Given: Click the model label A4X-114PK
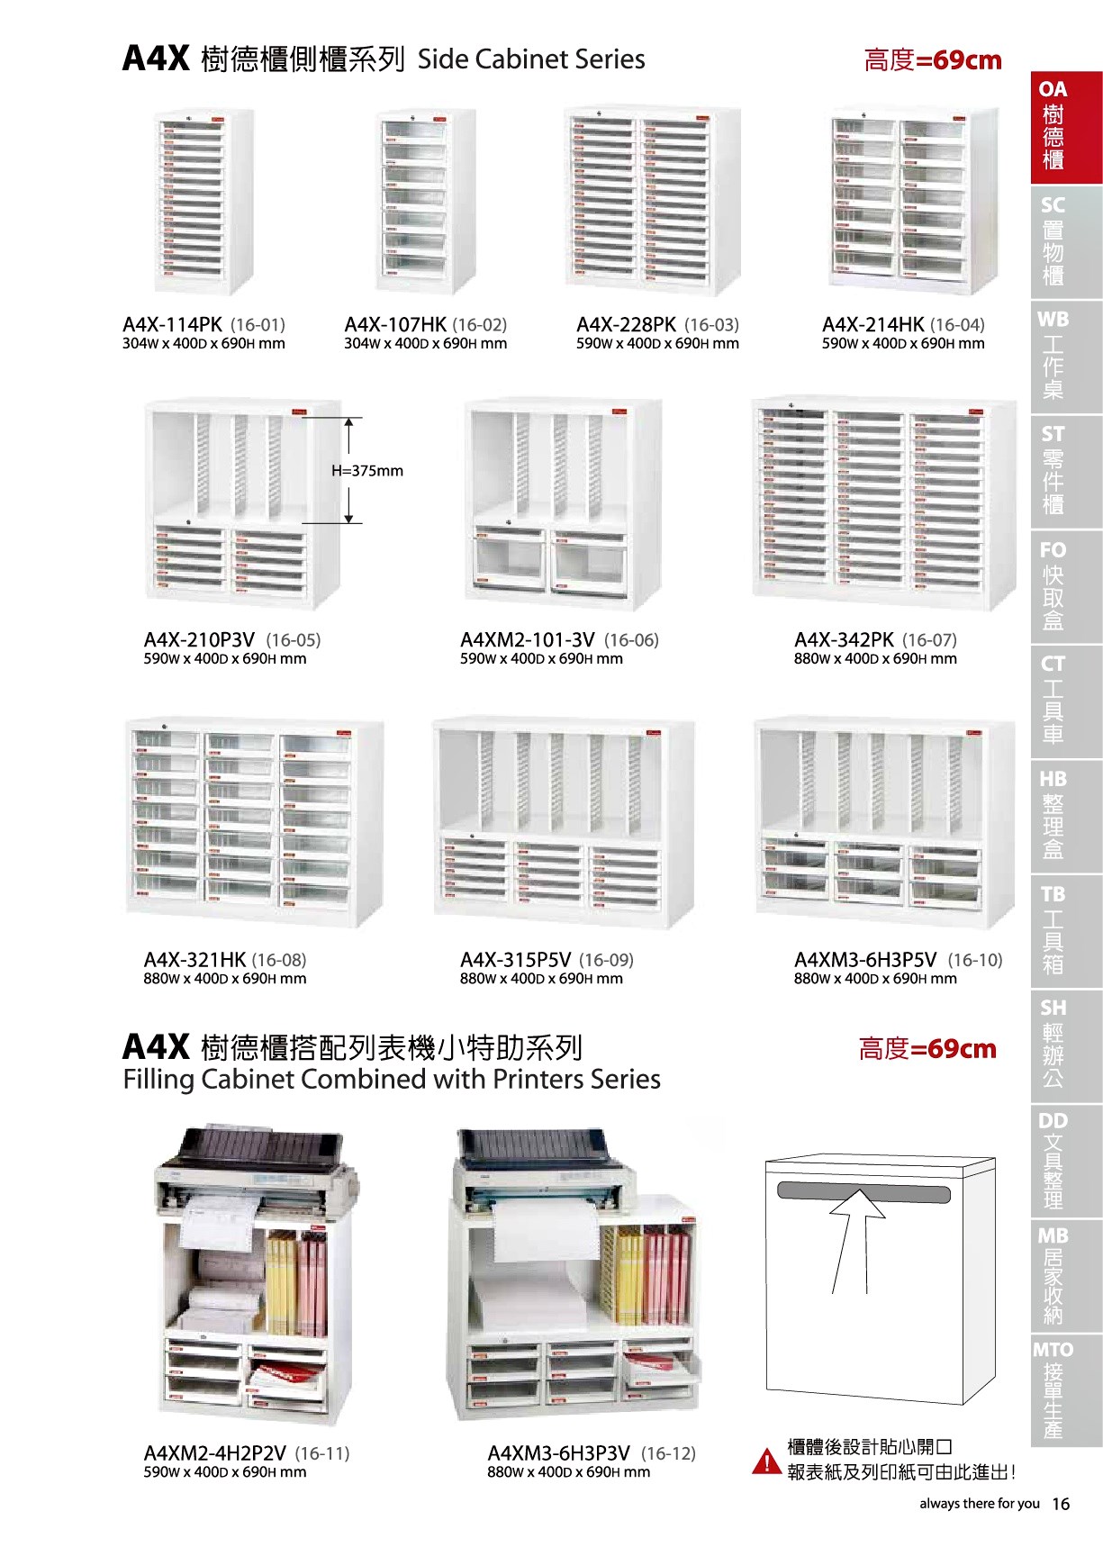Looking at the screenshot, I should tap(172, 324).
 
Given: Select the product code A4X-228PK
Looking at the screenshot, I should tap(626, 324).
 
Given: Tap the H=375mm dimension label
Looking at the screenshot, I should tap(367, 471).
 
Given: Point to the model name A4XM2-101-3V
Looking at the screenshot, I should tap(527, 640).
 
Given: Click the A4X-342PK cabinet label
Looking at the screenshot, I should tap(844, 640).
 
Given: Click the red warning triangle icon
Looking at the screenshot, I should tap(766, 1461).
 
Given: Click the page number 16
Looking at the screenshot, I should tap(1061, 1504).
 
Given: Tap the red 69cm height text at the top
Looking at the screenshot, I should tap(933, 60).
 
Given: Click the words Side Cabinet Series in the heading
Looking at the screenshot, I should tap(531, 59).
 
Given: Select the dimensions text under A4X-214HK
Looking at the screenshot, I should tap(902, 344).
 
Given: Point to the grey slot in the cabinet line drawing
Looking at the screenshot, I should tap(863, 1193).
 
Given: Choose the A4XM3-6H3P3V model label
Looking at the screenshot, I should tap(558, 1453).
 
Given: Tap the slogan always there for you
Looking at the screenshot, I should tap(980, 1504).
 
